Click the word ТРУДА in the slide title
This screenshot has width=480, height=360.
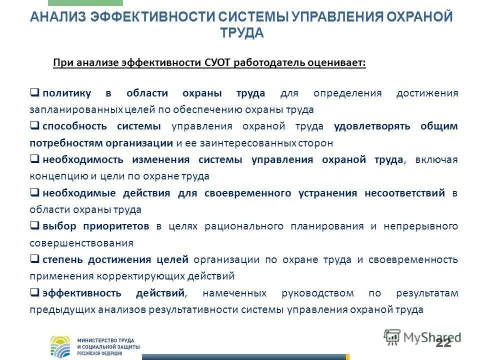point(241,33)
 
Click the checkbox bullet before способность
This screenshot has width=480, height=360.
point(35,125)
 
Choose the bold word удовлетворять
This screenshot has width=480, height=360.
point(371,126)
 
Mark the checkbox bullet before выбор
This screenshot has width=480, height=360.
point(35,225)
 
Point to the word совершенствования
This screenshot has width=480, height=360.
point(81,243)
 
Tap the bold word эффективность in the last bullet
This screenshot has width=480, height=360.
point(74,293)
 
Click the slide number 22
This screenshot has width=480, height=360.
point(443,342)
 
